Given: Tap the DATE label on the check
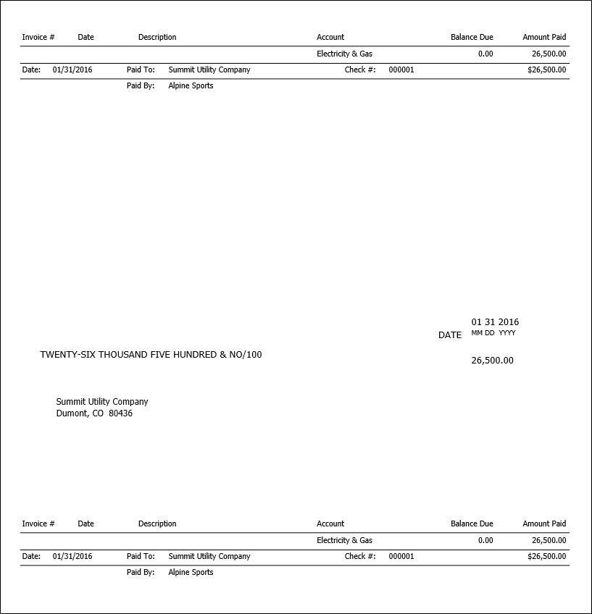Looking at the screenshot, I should point(450,335).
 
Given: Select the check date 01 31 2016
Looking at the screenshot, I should point(495,322).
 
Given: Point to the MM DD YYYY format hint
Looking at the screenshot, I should point(493,333).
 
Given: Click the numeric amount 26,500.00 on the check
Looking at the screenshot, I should point(492,361).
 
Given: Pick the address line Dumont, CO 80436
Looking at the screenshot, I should point(94,414).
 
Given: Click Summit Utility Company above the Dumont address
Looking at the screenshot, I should point(102,402).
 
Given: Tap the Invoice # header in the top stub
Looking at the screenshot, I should point(38,37).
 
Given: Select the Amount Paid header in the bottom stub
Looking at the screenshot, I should point(544,523).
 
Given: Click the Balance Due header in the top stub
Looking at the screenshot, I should point(472,37).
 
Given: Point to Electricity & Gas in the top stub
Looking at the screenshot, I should point(344,54).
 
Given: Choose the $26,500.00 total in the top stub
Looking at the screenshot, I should point(547,70).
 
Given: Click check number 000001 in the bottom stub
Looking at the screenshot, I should point(401,557).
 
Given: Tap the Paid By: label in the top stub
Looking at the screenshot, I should point(141,86).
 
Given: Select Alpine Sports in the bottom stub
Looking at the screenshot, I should point(191,573).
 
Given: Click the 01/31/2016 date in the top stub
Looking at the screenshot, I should point(72,70).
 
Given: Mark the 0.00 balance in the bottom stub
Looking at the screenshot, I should point(485,540).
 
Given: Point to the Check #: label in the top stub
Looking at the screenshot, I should point(360,70).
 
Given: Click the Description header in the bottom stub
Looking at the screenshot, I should point(157,523).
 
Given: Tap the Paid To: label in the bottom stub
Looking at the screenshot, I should point(141,557).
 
